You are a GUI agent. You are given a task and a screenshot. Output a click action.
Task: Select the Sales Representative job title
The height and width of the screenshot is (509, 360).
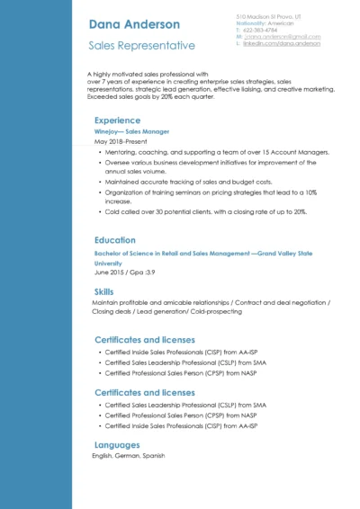141,45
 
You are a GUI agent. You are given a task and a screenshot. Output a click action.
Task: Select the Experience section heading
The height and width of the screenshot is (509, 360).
117,120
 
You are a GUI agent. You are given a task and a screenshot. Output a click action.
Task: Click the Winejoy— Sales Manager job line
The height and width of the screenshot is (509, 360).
131,131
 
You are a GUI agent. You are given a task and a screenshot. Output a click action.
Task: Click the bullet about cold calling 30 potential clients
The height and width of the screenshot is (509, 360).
205,212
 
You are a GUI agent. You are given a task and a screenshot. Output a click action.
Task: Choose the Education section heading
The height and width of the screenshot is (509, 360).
115,240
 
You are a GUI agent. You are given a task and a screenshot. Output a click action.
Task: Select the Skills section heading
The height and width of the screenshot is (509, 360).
103,291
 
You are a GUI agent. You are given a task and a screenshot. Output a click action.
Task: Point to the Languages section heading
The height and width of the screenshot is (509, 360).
117,444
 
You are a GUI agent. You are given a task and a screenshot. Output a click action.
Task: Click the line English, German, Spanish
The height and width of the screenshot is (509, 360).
128,456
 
